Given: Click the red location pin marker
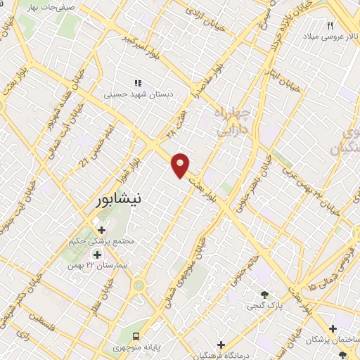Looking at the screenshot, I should coord(181,164).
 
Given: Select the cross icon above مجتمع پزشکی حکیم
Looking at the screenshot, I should coord(101,229).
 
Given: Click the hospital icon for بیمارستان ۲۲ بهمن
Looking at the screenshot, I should coord(97,254).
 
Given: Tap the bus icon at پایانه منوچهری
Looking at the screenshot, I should coord(136,336).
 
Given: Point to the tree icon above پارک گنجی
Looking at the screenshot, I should coord(264,295).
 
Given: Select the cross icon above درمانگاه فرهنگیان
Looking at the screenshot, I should coord(221,345).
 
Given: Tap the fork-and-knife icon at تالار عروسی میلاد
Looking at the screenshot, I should coord(330,25).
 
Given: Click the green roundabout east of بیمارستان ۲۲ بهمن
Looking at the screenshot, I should coord(138,285).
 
